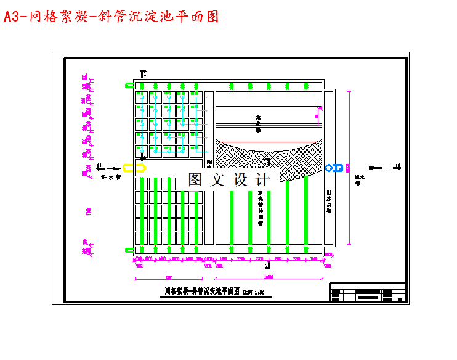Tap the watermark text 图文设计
(228, 180)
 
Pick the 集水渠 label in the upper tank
(259, 123)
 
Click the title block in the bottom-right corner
(368, 292)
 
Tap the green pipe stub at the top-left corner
(129, 86)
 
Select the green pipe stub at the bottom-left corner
(129, 250)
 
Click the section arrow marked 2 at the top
(143, 73)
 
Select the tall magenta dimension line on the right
(349, 166)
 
